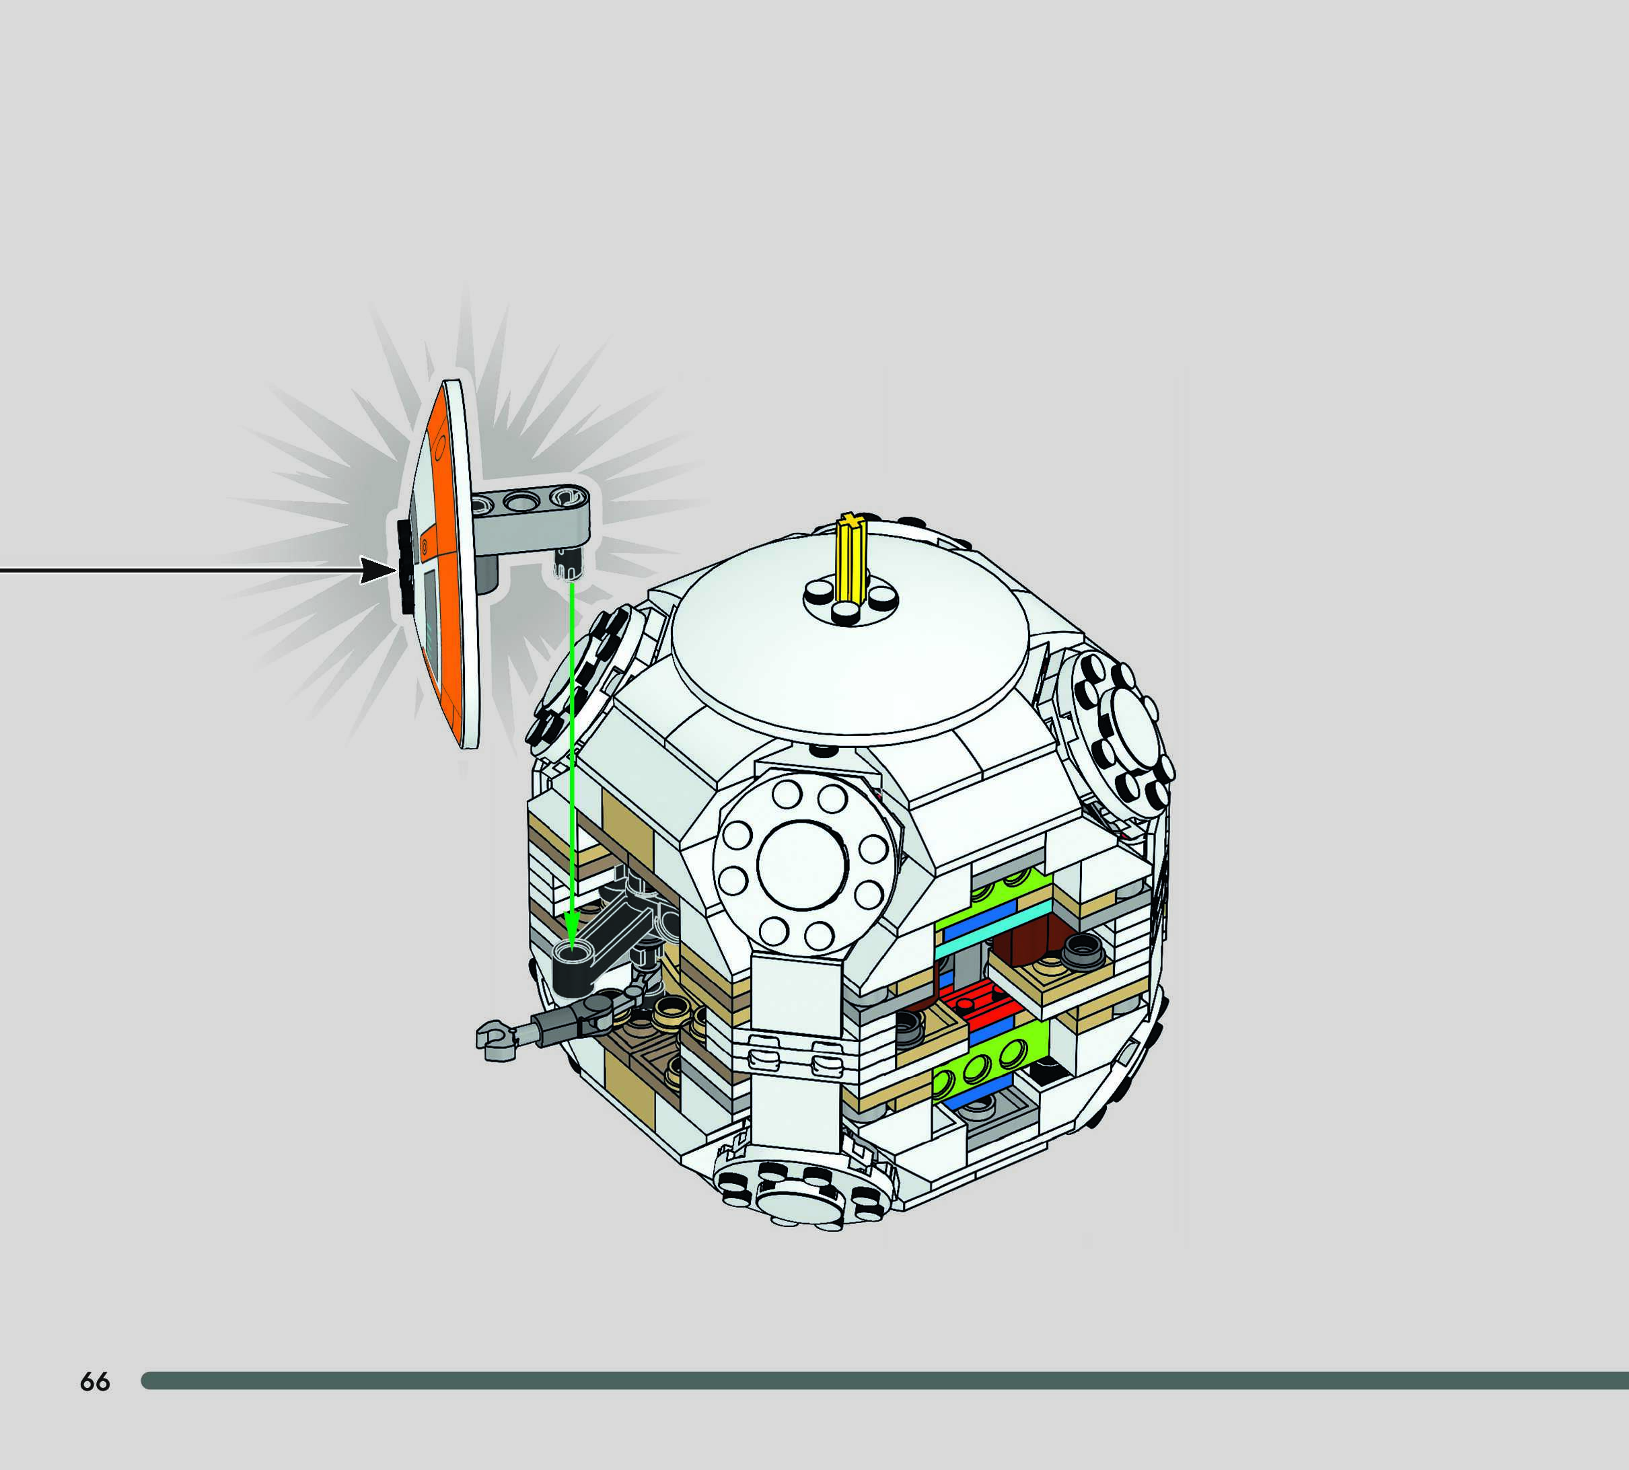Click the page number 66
point(94,1382)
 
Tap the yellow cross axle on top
point(852,558)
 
